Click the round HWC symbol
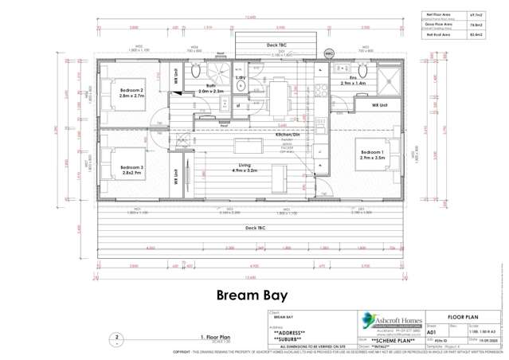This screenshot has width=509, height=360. click(x=329, y=53)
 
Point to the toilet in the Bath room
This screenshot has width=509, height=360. click(x=196, y=71)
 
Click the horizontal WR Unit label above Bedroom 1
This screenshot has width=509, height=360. click(x=379, y=105)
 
